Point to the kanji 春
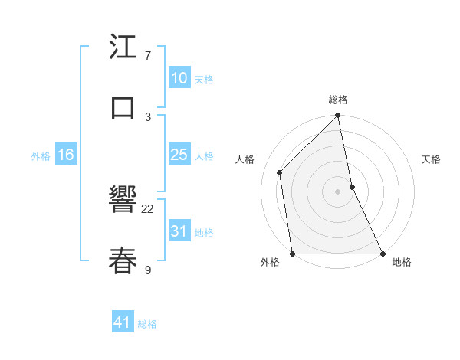(123, 260)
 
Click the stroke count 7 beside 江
(148, 56)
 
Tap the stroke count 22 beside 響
(148, 208)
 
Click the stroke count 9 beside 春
(148, 269)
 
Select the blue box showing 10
(179, 78)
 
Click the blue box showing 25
(179, 155)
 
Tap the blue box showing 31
(179, 231)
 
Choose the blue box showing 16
(66, 155)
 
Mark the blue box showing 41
(123, 322)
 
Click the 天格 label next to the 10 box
(204, 80)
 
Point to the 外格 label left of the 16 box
(41, 156)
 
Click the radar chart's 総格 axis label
(338, 100)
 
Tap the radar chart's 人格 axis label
(245, 159)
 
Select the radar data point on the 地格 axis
(383, 254)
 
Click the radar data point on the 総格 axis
(338, 116)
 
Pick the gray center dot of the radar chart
(338, 191)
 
